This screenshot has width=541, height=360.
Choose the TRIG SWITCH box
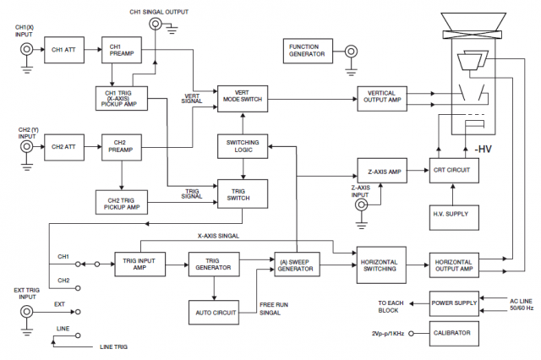click(x=243, y=194)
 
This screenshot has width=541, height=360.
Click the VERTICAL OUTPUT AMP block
click(x=382, y=96)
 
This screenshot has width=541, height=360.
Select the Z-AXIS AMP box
click(x=382, y=171)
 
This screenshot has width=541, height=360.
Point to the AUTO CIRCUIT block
click(x=212, y=313)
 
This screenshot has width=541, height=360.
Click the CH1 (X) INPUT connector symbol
click(x=26, y=51)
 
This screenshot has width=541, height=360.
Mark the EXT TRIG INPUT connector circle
click(x=26, y=314)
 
